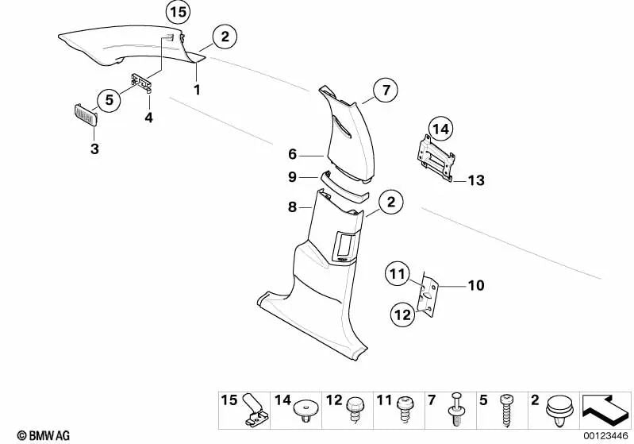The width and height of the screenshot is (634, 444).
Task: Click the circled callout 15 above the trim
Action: pyautogui.click(x=178, y=12)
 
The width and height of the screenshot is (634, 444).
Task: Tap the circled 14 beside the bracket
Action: pyautogui.click(x=440, y=127)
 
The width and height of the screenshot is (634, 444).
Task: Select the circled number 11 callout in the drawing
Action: pyautogui.click(x=396, y=276)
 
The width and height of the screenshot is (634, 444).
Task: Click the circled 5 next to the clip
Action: pyautogui.click(x=109, y=99)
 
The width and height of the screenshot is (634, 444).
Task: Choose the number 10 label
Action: pyautogui.click(x=476, y=285)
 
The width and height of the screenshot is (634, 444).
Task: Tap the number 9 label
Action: pyautogui.click(x=292, y=176)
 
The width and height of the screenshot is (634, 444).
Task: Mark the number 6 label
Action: pyautogui.click(x=292, y=154)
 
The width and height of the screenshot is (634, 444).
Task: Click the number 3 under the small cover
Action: pyautogui.click(x=94, y=149)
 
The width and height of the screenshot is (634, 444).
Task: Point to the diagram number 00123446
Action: pyautogui.click(x=605, y=435)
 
